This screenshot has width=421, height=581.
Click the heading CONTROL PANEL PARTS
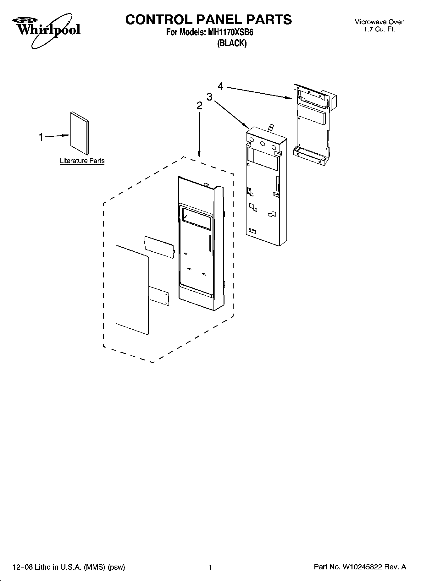pyautogui.click(x=208, y=19)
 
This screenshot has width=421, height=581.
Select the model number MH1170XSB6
pyautogui.click(x=230, y=32)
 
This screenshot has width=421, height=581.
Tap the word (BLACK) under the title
pyautogui.click(x=232, y=43)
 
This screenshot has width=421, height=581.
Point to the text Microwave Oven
pyautogui.click(x=379, y=22)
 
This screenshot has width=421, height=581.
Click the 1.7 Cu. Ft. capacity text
pyautogui.click(x=379, y=30)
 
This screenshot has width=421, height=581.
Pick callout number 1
pyautogui.click(x=41, y=137)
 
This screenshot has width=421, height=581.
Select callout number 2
pyautogui.click(x=199, y=106)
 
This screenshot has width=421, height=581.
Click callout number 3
pyautogui.click(x=209, y=97)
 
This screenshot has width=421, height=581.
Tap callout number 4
pyautogui.click(x=221, y=86)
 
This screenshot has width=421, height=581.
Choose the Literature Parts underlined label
pyautogui.click(x=82, y=161)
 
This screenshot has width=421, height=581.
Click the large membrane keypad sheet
pyautogui.click(x=132, y=289)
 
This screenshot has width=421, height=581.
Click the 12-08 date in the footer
pyautogui.click(x=21, y=567)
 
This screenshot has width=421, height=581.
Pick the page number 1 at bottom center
pyautogui.click(x=211, y=567)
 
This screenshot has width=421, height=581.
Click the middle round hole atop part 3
pyautogui.click(x=262, y=143)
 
